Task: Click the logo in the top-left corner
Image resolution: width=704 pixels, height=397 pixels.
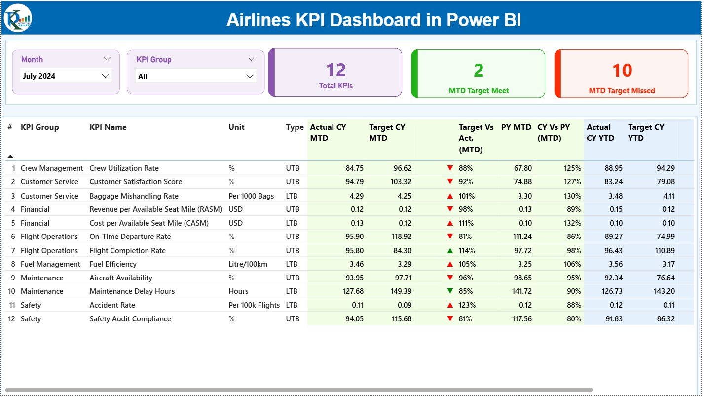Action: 18,18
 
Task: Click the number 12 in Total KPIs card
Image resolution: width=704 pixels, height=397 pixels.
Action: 335,70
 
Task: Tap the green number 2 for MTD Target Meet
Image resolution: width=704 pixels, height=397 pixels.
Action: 478,71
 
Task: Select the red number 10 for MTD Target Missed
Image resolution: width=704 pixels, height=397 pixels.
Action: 622,71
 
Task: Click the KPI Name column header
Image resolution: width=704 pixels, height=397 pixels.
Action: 108,127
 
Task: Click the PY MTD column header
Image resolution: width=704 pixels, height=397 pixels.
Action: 516,127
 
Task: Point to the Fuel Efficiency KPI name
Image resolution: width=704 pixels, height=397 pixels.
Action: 113,264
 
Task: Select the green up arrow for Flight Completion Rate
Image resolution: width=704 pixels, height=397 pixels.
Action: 450,251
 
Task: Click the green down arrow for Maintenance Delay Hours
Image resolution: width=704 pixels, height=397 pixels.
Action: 450,291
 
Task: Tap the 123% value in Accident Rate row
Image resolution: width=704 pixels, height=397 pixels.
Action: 466,305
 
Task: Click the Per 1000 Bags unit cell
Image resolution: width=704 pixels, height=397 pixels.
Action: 251,196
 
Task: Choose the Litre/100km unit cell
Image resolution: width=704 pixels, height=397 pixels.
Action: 248,264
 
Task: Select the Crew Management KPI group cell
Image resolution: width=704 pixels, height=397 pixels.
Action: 52,168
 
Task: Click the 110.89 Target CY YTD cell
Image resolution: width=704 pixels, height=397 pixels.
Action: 663,251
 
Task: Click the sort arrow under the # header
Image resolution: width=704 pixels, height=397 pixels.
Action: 10,156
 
